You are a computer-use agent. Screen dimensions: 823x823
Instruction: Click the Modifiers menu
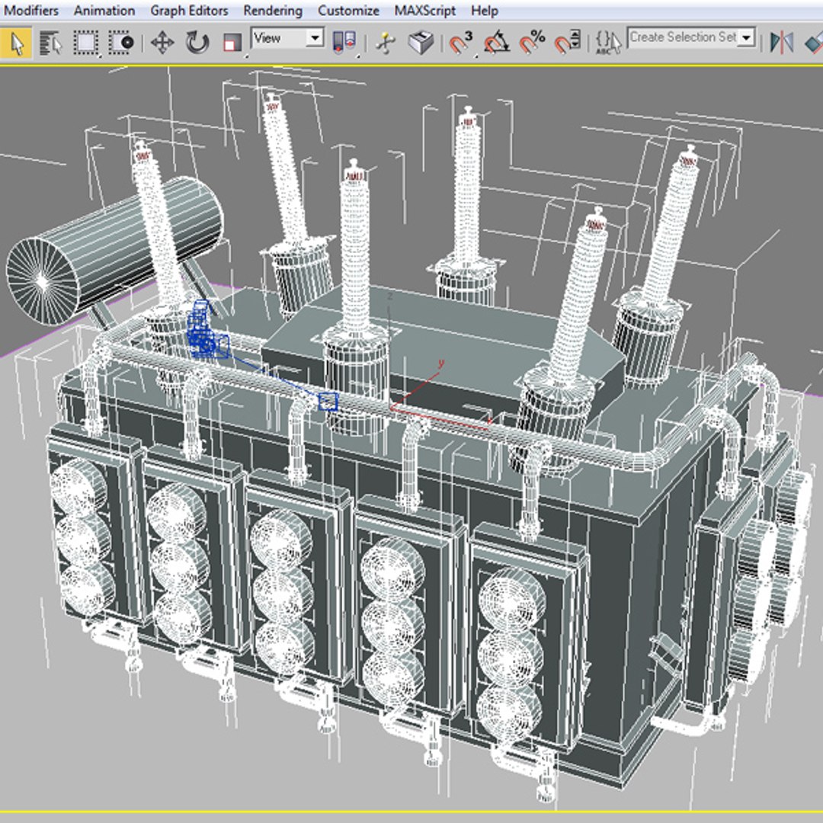pos(31,11)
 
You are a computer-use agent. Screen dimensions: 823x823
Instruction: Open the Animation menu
pos(104,11)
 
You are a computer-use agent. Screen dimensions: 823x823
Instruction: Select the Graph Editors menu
pos(189,11)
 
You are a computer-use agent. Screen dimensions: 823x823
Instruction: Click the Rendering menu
pos(273,11)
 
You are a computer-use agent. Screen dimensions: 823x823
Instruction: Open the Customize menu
pos(348,11)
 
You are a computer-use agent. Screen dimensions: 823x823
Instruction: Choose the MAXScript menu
pos(425,11)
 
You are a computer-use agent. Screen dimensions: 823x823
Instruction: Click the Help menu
pos(485,11)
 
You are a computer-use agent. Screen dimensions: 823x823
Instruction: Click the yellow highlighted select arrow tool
pos(16,43)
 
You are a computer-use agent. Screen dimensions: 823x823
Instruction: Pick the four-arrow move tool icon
pos(162,43)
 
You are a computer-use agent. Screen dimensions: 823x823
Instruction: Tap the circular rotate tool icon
pos(197,43)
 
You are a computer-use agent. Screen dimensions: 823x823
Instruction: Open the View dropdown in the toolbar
pos(288,38)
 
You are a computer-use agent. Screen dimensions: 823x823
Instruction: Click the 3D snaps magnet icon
pos(460,43)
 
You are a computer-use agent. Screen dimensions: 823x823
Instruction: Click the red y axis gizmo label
pos(440,363)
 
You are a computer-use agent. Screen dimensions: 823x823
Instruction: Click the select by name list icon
pos(50,43)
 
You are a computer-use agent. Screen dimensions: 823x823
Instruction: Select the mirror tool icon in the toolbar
pos(781,43)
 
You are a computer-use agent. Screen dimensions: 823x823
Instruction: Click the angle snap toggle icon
pos(496,43)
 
